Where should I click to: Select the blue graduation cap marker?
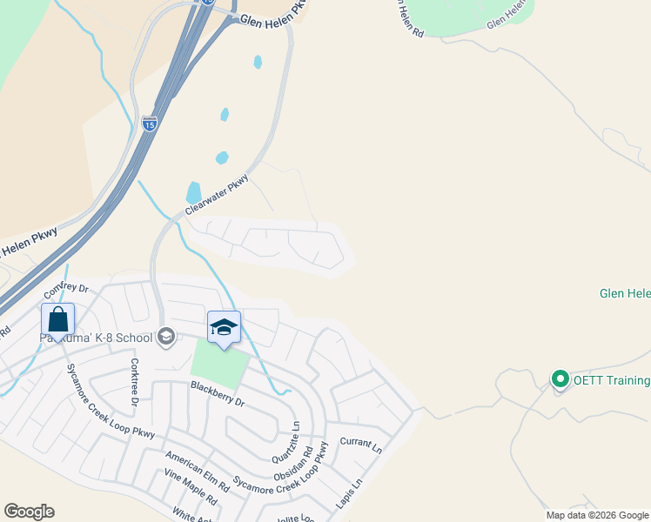[224, 327]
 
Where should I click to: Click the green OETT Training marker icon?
[560, 379]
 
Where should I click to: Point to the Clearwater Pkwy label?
[217, 195]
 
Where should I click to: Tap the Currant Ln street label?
[360, 446]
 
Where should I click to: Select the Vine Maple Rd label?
[191, 490]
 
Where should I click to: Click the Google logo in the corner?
[29, 511]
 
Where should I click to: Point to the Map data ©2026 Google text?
[597, 515]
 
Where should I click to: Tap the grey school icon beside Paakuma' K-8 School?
[165, 337]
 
